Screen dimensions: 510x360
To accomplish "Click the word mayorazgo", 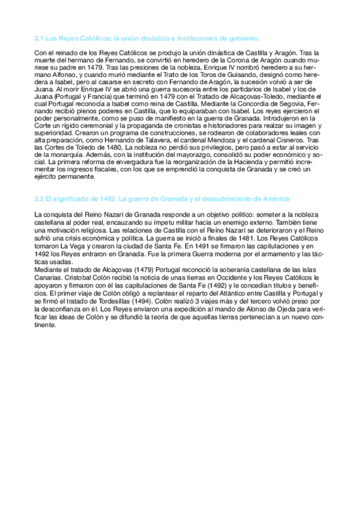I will click(174, 155).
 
